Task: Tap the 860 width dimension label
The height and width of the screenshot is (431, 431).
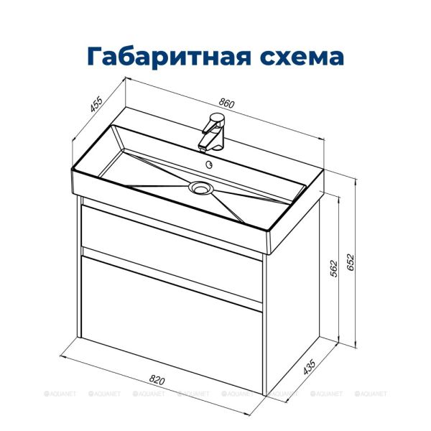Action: pyautogui.click(x=226, y=103)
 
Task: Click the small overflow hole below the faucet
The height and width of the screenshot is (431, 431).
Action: pyautogui.click(x=210, y=164)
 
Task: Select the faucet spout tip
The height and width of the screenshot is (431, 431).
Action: pyautogui.click(x=204, y=147)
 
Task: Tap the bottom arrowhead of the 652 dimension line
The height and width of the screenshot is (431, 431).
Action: pyautogui.click(x=357, y=346)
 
